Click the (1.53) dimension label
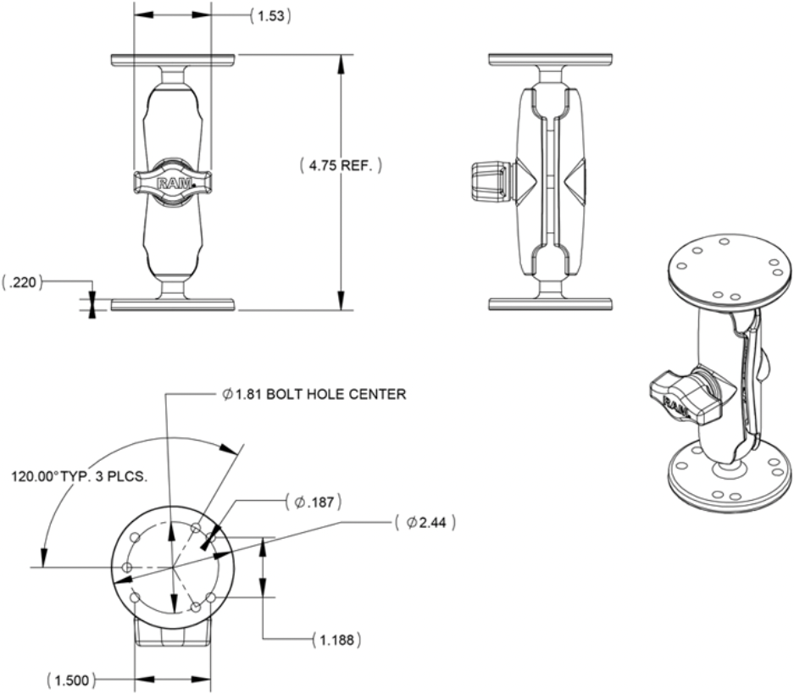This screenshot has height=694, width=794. point(271,16)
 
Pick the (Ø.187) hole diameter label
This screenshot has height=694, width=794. point(314,502)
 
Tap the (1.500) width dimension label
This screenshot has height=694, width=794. point(70,680)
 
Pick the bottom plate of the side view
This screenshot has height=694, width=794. point(551,302)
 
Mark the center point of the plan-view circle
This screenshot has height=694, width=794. point(173,566)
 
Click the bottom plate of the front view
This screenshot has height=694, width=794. point(172,303)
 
